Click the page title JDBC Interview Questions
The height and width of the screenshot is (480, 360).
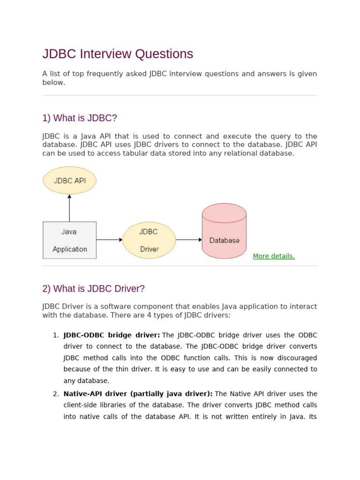[x=118, y=54]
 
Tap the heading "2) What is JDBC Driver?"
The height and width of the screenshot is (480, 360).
[x=93, y=289]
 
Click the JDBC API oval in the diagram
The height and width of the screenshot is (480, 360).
[x=69, y=180]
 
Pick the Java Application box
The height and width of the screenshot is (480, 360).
[x=69, y=240]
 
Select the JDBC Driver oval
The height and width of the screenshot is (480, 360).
[x=149, y=240]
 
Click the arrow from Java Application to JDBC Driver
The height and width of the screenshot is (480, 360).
[x=109, y=240]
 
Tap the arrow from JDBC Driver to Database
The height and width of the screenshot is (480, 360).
[x=189, y=240]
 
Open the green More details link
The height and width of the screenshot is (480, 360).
[x=274, y=256]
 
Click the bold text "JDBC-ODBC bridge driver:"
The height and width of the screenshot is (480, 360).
[x=112, y=335]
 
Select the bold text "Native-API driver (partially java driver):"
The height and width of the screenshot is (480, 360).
[x=138, y=394]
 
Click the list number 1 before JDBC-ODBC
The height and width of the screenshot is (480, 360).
[x=56, y=335]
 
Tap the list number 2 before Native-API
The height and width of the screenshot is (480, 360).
[x=56, y=394]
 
